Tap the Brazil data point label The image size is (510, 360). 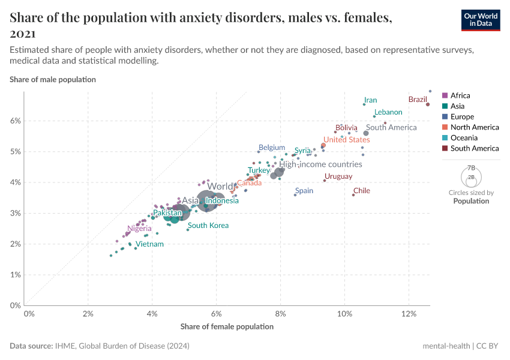[417, 99]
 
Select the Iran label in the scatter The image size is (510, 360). [370, 100]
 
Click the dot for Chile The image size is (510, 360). [353, 195]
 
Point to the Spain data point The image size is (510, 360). [295, 195]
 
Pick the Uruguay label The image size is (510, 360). [338, 176]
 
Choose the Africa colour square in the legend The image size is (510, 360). [445, 95]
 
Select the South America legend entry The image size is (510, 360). [474, 148]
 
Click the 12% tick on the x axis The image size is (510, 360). [409, 314]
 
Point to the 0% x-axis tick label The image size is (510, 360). [29, 314]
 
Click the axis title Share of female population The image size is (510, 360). [227, 326]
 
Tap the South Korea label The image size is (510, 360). [208, 226]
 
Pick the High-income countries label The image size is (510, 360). [320, 164]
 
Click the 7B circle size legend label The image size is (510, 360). [471, 167]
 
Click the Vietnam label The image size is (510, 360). [149, 244]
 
